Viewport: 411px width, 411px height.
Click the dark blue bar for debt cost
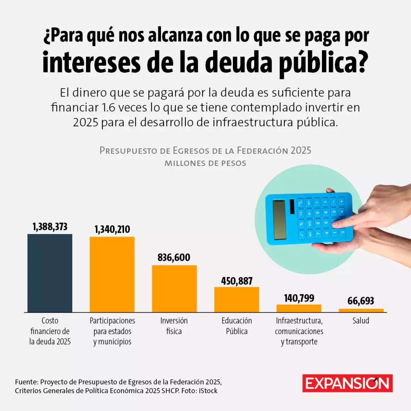(50, 273)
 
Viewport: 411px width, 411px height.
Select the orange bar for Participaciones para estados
(112, 274)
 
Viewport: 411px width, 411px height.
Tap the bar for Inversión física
(174, 288)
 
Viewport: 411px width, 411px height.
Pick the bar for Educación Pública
(237, 299)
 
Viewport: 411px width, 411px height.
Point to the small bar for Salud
(361, 310)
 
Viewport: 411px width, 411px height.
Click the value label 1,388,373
(50, 227)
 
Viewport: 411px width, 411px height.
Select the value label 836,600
(174, 258)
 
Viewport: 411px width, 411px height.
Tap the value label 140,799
(299, 298)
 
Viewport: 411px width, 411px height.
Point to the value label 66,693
(361, 301)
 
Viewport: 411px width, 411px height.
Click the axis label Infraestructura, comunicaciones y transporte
(299, 331)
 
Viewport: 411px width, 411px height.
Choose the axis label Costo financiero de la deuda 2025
(50, 331)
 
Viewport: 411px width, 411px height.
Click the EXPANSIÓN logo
(347, 383)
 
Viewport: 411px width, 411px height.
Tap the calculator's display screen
(279, 219)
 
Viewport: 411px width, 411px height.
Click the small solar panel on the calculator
(292, 207)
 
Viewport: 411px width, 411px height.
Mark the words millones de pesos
(205, 163)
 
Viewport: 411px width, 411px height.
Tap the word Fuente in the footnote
(26, 382)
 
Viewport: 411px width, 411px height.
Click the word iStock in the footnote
(208, 391)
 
